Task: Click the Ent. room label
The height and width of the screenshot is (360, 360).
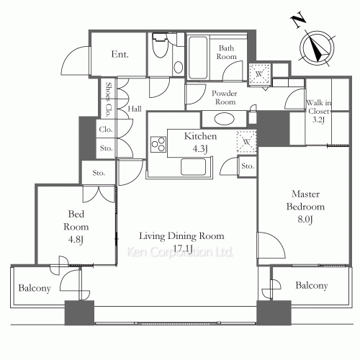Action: (120, 54)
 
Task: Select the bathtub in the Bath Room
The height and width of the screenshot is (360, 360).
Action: (198, 58)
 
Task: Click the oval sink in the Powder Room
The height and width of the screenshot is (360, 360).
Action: (225, 119)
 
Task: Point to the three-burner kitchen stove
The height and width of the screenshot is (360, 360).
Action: (158, 144)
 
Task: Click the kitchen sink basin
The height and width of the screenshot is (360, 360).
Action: (194, 167)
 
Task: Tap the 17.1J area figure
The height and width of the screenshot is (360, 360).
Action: (182, 249)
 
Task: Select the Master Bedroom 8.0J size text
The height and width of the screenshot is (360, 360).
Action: (305, 220)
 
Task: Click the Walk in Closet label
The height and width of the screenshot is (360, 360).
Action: (319, 107)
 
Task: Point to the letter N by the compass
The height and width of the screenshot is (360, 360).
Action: (298, 22)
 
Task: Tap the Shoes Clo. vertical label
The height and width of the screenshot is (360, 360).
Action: (109, 99)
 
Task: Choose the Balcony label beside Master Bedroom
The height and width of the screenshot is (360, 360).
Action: (312, 286)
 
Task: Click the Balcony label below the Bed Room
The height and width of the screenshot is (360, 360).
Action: (35, 288)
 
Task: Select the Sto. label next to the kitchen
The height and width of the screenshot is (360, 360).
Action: (248, 166)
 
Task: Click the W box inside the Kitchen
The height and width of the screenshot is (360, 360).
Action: (246, 142)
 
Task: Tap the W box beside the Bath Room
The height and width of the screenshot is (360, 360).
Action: (259, 74)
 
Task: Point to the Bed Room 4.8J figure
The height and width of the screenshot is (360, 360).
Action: (76, 240)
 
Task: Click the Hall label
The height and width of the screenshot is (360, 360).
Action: (135, 109)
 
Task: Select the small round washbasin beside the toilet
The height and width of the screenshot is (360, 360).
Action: (178, 68)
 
